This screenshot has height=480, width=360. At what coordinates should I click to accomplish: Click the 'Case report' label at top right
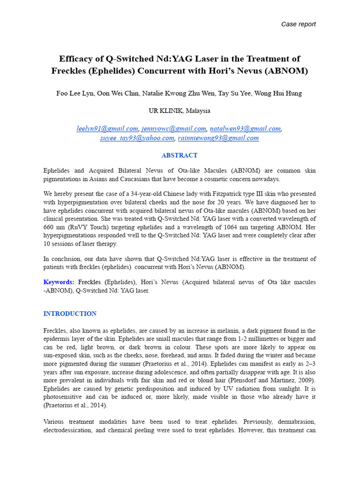click(298, 24)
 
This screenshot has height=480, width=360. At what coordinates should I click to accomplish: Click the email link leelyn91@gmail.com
click(107, 129)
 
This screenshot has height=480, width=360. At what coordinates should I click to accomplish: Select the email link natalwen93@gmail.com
click(245, 129)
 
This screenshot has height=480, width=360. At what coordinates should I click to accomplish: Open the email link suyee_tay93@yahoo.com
click(137, 138)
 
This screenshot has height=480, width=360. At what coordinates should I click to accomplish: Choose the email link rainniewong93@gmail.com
click(218, 138)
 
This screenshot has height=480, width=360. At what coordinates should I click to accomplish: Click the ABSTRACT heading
click(180, 156)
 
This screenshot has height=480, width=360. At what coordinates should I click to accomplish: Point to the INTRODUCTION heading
click(70, 314)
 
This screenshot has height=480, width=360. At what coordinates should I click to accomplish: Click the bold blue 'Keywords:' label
click(59, 282)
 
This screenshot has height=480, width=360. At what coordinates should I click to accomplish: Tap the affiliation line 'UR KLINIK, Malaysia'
click(180, 111)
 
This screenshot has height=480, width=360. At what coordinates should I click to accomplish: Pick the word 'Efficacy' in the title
click(75, 59)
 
